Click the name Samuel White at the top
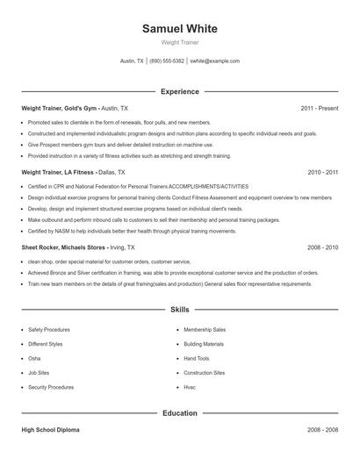179,28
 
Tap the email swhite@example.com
214,61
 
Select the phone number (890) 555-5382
167,61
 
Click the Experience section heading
179,91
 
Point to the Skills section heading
179,310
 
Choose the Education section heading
179,412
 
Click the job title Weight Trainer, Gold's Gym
59,108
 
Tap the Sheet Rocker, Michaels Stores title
64,248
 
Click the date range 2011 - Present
319,108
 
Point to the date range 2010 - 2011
322,173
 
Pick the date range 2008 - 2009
322,248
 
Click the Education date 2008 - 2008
322,431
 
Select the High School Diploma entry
51,431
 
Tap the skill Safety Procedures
50,329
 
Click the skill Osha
34,358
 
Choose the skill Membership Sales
205,329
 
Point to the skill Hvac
191,387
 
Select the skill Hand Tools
197,358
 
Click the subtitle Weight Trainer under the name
179,42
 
